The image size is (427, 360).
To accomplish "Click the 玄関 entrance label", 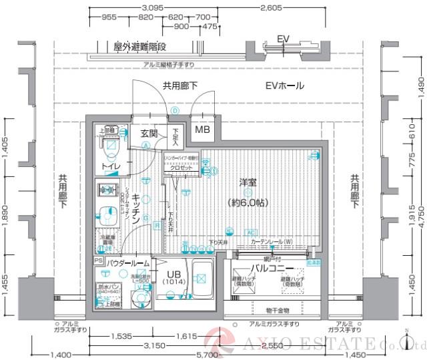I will point(149,134).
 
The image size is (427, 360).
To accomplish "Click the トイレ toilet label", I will point(111,164).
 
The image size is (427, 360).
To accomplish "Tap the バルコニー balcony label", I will point(274,267).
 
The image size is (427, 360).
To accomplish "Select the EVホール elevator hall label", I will point(284,85).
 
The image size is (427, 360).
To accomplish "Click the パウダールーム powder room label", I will point(126,263).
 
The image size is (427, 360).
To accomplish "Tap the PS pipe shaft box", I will point(98,261).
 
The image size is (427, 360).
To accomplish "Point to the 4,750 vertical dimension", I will point(421,220).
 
